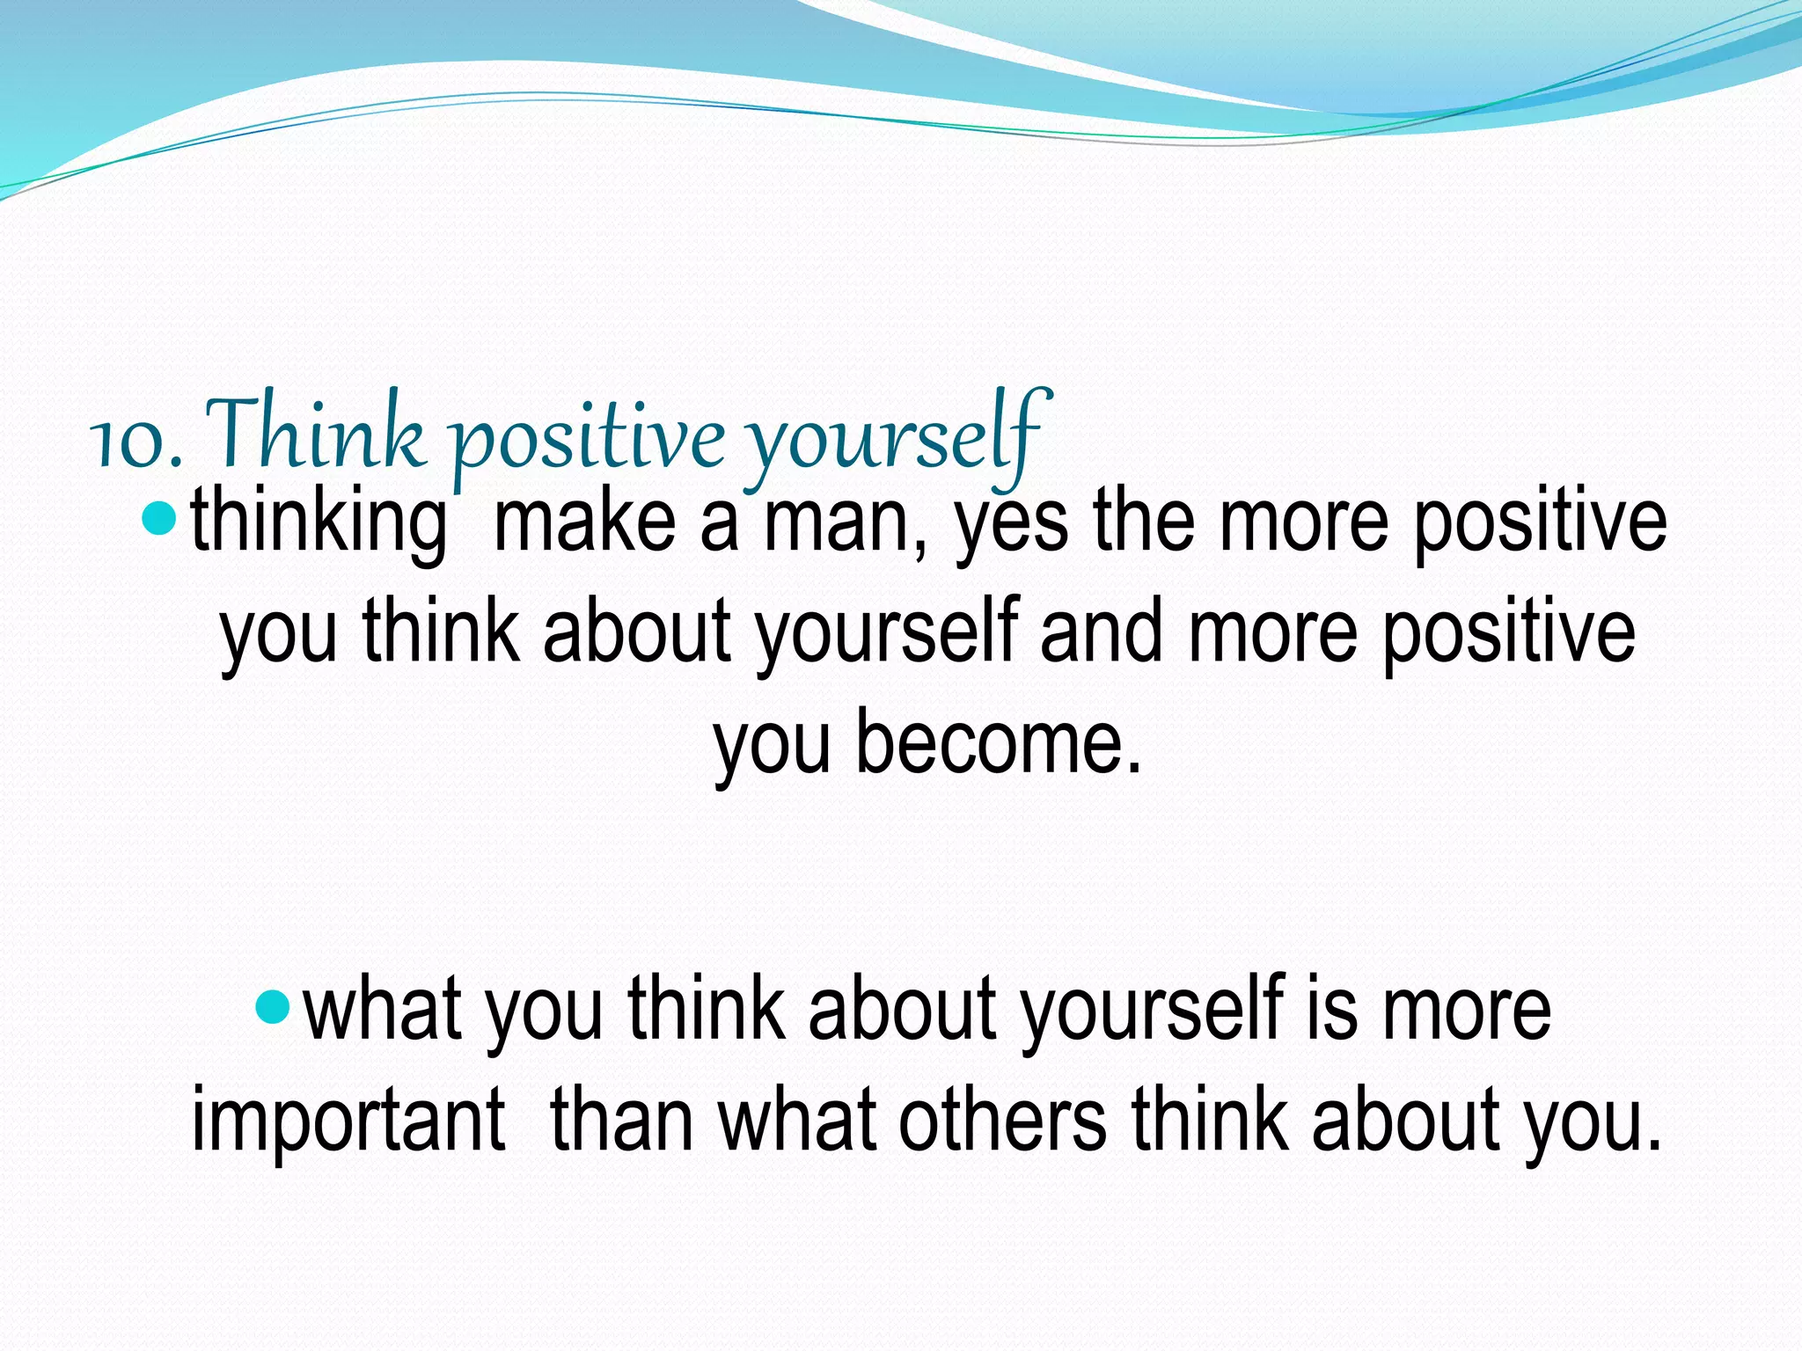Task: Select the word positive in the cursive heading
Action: click(x=589, y=437)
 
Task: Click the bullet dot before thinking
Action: click(x=159, y=520)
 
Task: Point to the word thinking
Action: click(x=319, y=523)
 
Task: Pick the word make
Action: click(x=584, y=523)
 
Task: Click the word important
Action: click(x=348, y=1121)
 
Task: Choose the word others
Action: click(x=1002, y=1119)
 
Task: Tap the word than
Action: click(x=622, y=1119)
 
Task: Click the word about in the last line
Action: click(x=1404, y=1119)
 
